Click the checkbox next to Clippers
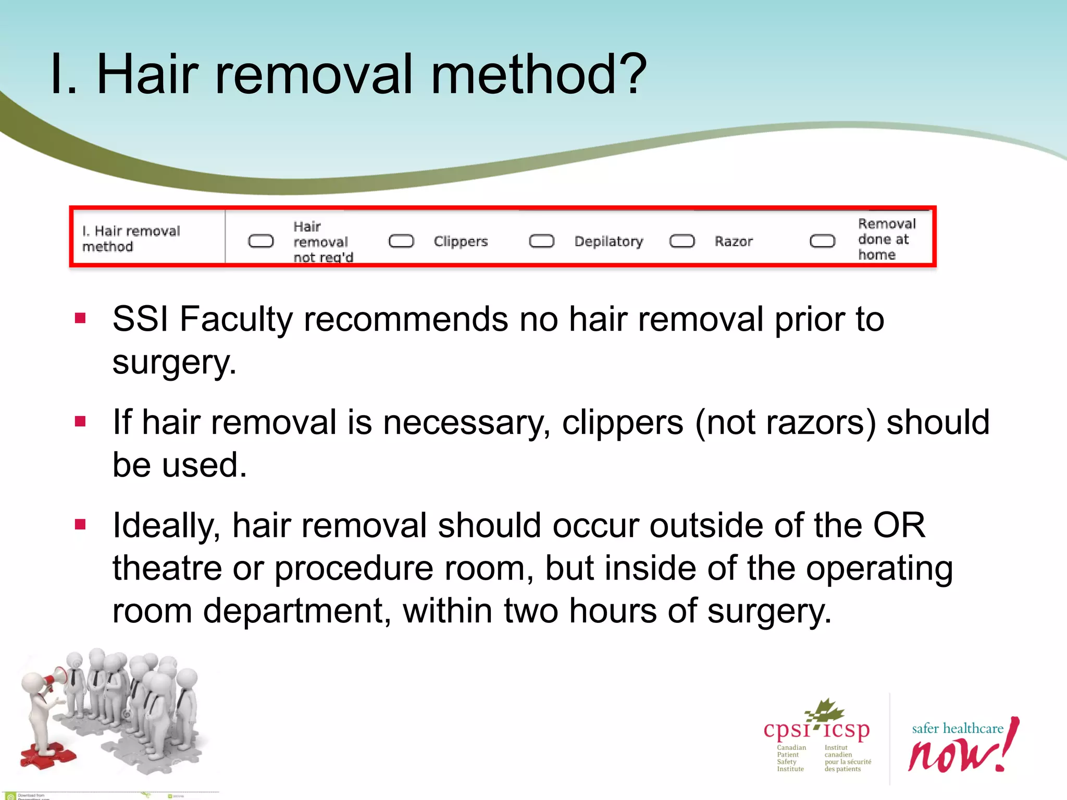tap(401, 241)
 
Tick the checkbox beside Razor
tap(682, 241)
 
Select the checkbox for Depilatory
tap(541, 241)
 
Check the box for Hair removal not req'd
tap(260, 241)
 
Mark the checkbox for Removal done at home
tap(822, 241)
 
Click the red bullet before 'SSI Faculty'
tap(80, 318)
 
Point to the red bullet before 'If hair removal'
tap(80, 421)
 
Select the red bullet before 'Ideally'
tap(80, 524)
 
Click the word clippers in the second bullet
tap(623, 422)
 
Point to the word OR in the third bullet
tap(899, 525)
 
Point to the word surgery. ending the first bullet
tap(175, 362)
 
